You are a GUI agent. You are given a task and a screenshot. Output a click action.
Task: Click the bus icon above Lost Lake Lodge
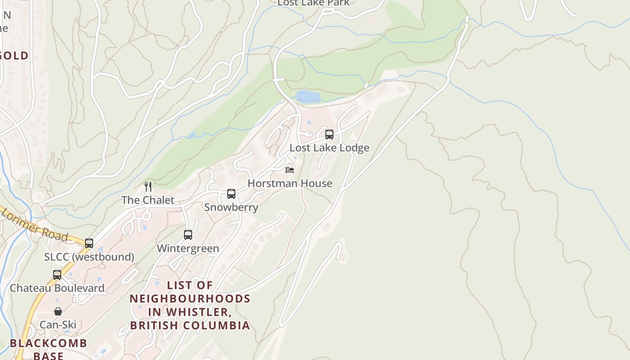(x=329, y=134)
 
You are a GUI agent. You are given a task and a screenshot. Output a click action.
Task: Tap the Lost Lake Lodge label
(x=329, y=148)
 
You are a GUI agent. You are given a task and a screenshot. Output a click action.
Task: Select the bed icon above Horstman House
(x=290, y=170)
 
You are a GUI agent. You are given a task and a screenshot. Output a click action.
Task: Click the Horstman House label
(x=290, y=183)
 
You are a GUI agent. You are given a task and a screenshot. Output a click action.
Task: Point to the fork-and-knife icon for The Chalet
(x=148, y=186)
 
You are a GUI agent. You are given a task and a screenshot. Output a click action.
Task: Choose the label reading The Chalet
(x=148, y=200)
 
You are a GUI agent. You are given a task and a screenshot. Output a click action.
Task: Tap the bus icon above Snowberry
(x=231, y=194)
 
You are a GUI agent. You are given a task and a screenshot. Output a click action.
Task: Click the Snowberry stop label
(x=231, y=207)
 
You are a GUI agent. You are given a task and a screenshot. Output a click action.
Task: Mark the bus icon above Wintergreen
(x=188, y=234)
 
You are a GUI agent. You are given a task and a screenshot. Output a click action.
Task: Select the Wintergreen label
(x=188, y=248)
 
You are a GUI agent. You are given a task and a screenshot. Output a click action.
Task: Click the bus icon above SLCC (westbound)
(x=89, y=243)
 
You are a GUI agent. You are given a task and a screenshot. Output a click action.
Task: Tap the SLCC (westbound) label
(x=89, y=256)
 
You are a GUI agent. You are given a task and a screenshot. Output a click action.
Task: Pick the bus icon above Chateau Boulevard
(x=57, y=274)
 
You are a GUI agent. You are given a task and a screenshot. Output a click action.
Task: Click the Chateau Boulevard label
(x=57, y=288)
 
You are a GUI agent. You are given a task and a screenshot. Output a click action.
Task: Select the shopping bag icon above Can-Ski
(x=58, y=311)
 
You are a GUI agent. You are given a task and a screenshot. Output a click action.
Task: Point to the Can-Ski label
(x=58, y=324)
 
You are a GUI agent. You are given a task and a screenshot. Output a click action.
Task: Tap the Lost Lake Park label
(x=313, y=3)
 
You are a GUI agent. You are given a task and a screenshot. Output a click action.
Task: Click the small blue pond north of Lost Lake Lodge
(x=308, y=96)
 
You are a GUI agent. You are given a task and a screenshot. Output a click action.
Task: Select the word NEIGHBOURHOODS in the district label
(x=190, y=298)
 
